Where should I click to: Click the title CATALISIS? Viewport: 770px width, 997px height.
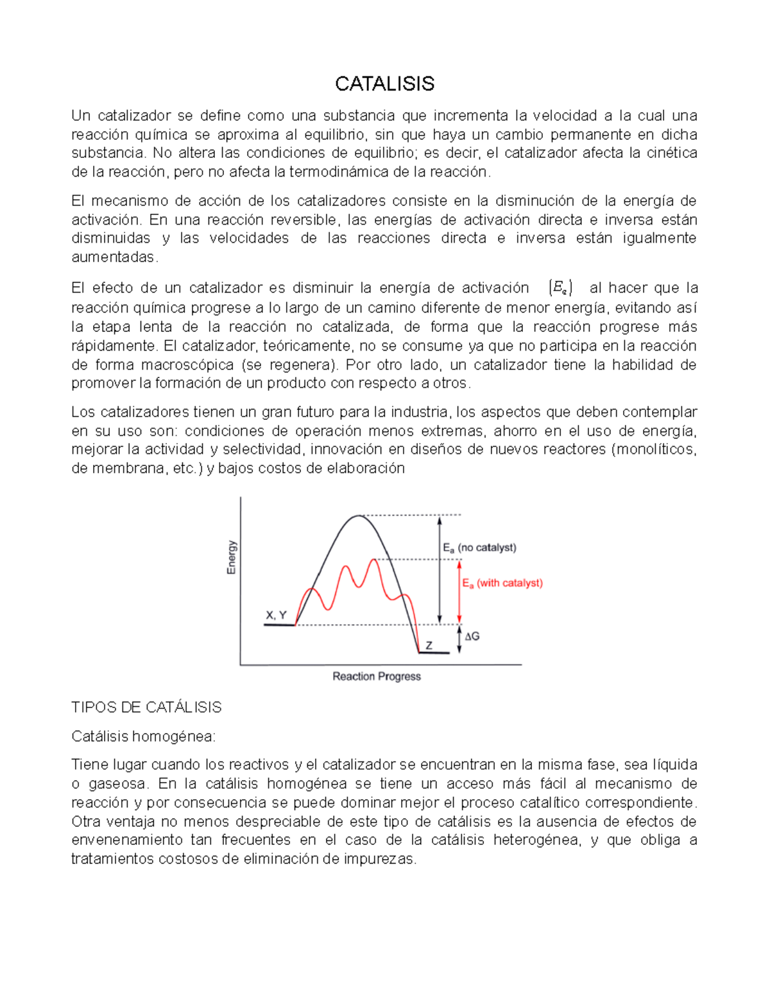(x=384, y=83)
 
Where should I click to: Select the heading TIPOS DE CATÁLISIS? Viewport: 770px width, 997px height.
(x=146, y=707)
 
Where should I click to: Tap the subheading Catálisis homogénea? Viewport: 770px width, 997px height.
(x=143, y=736)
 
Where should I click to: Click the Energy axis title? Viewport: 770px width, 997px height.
(x=232, y=557)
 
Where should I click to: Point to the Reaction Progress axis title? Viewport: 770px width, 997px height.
(x=377, y=677)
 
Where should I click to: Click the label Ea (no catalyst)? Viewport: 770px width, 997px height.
(x=479, y=548)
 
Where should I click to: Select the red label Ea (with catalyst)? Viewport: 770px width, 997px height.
(x=502, y=583)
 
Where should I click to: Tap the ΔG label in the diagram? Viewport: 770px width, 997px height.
(x=472, y=636)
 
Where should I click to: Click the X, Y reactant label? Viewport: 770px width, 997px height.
(x=276, y=615)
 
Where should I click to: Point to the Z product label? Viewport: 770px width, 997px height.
(x=429, y=645)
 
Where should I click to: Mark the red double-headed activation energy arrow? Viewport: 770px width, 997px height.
(x=459, y=591)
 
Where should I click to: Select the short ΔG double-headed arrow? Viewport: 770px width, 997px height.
(x=459, y=639)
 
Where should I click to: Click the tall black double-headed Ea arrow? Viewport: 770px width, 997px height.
(x=439, y=569)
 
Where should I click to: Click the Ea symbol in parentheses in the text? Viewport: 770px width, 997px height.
(x=561, y=288)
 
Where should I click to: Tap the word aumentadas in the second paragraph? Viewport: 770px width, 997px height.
(x=113, y=257)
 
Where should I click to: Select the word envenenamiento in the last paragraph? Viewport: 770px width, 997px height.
(x=126, y=840)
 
